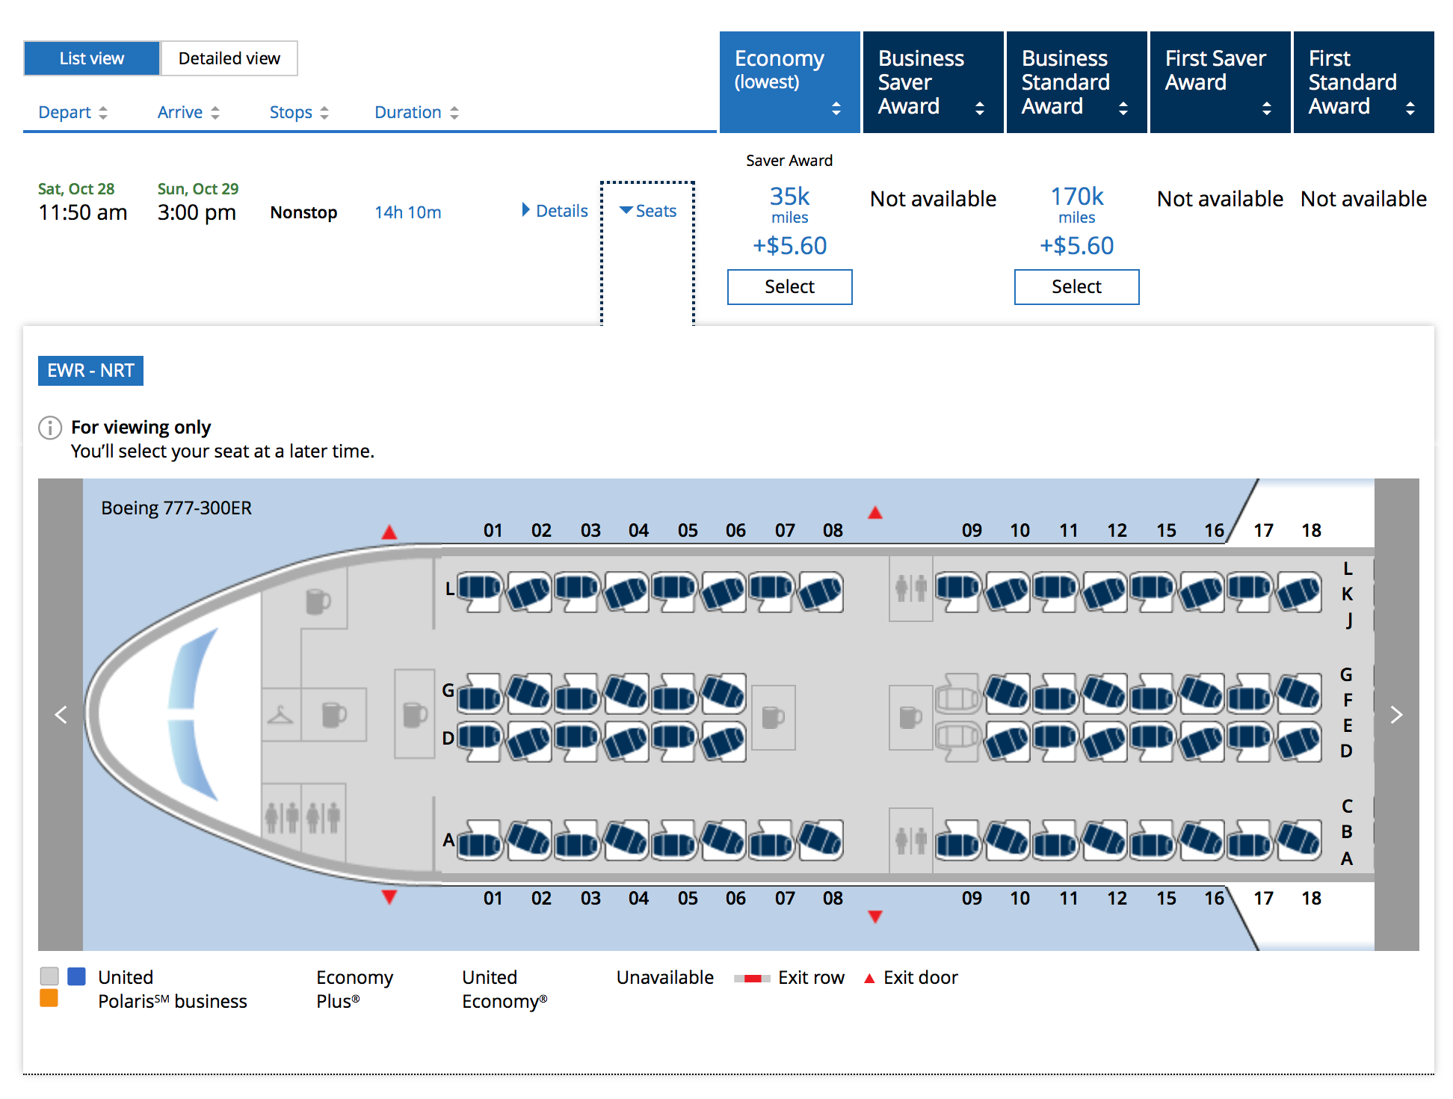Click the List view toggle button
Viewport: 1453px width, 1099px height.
[x=91, y=58]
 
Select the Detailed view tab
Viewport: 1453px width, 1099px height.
[x=229, y=58]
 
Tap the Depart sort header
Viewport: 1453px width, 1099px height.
[x=73, y=112]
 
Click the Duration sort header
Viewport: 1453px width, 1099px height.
[x=416, y=112]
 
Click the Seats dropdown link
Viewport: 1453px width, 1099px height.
[x=648, y=211]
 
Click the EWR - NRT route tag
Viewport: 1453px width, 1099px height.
[x=90, y=371]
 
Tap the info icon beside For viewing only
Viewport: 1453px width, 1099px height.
[x=50, y=428]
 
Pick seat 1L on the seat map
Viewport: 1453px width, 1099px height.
[x=480, y=591]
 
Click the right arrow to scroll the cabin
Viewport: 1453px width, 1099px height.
[x=1396, y=715]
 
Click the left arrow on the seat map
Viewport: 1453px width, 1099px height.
[x=61, y=715]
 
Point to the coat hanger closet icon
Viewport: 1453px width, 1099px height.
[x=281, y=715]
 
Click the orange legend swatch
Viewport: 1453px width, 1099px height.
[x=49, y=998]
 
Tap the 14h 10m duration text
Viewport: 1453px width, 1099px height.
[x=407, y=212]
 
